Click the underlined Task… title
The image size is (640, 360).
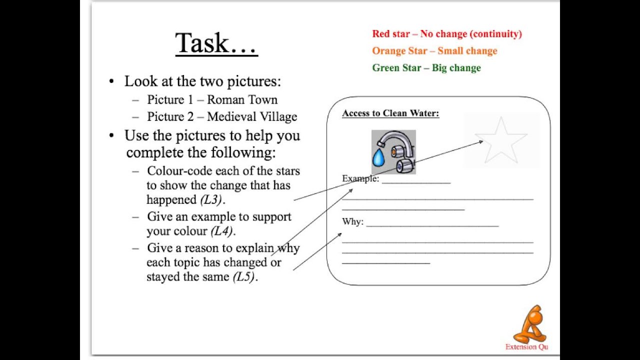point(216,43)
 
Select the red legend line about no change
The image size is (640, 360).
point(447,34)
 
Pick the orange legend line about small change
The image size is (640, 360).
point(434,51)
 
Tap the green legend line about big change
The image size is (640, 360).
point(426,67)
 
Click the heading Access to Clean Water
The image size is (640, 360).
point(390,113)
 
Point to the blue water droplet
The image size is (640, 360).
point(378,157)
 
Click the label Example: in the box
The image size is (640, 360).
point(360,178)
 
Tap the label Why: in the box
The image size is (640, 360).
point(353,221)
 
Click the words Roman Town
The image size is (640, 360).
point(242,99)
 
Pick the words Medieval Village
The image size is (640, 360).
point(252,117)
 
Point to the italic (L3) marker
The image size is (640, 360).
point(211,199)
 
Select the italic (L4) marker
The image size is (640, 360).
point(221,231)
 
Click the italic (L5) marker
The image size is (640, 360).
point(243,277)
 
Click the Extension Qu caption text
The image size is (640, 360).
point(526,347)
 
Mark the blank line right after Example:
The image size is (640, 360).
point(416,183)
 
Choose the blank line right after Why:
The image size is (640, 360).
point(432,226)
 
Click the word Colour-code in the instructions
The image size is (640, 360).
point(179,171)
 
